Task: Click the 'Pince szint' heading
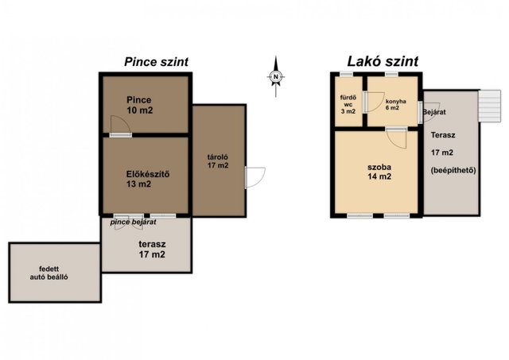(156, 62)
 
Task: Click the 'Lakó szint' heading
(383, 61)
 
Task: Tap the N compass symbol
(276, 76)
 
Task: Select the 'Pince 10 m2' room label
(140, 105)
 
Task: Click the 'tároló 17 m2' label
(218, 161)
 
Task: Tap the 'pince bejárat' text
(133, 223)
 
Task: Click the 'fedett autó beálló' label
(49, 273)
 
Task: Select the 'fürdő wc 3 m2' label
(348, 104)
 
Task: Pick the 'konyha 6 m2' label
(395, 104)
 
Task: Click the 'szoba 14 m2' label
(379, 172)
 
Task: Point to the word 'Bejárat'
(434, 112)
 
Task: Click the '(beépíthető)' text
(453, 170)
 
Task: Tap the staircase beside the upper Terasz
(490, 106)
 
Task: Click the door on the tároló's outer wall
(255, 177)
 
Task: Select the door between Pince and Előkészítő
(120, 126)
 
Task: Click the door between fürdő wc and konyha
(373, 103)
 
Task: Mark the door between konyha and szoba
(396, 137)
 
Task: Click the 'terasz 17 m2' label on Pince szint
(152, 249)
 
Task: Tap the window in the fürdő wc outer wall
(347, 74)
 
